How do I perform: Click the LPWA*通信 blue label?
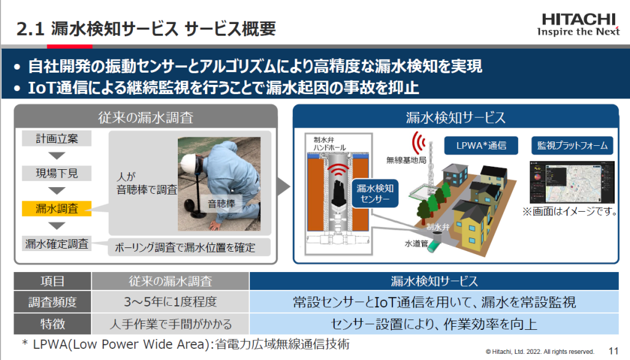480,146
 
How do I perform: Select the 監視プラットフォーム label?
572,146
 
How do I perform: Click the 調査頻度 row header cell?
52,302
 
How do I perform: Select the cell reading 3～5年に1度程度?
170,302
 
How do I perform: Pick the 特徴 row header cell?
52,322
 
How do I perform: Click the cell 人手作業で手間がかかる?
170,322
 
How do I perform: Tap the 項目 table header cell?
52,282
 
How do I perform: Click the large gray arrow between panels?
283,185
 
